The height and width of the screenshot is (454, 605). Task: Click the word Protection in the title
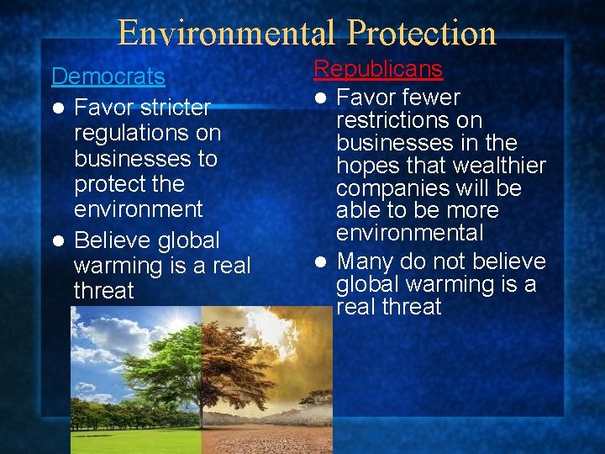[x=422, y=32]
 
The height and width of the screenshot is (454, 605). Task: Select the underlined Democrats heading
[x=108, y=77]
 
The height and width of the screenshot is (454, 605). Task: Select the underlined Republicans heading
[x=378, y=69]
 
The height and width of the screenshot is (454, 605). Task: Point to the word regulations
[x=148, y=133]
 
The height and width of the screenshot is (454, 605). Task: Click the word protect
[x=105, y=183]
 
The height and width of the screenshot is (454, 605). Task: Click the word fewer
[x=429, y=98]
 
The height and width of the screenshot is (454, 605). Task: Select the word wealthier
[x=498, y=166]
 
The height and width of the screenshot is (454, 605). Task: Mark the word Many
[x=366, y=261]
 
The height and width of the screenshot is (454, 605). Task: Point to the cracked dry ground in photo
[x=269, y=437]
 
